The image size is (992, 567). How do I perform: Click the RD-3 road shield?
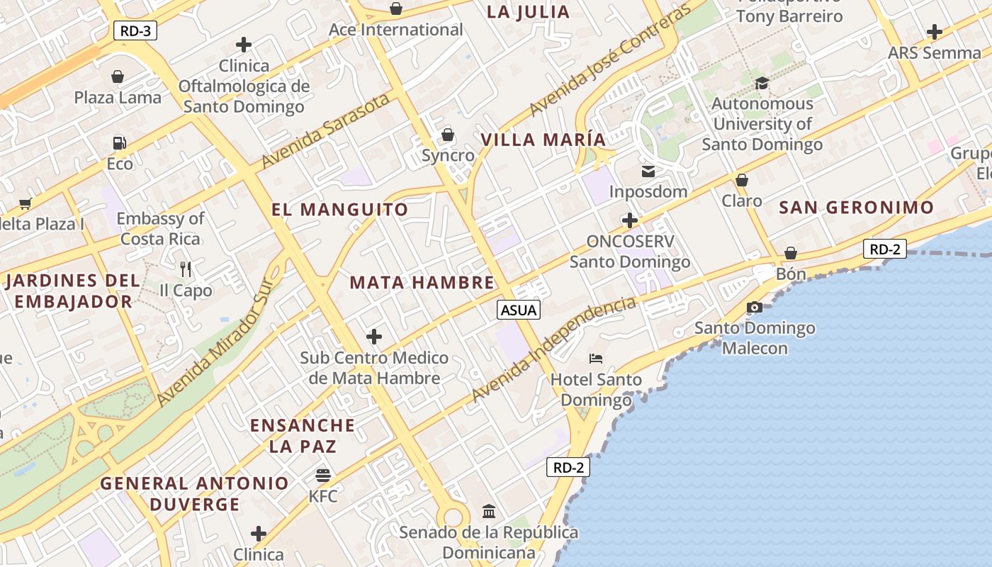(x=135, y=30)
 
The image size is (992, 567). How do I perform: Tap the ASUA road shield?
(x=519, y=310)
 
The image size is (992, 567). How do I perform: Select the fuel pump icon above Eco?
(x=119, y=143)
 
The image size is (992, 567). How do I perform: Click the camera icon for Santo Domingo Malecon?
(x=755, y=307)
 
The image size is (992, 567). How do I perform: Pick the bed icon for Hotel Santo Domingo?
(x=596, y=359)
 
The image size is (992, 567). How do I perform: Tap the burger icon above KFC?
(x=323, y=474)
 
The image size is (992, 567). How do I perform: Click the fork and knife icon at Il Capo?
(x=186, y=269)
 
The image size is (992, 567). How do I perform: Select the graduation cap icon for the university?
(x=762, y=83)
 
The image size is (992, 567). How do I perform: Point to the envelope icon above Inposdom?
(x=648, y=171)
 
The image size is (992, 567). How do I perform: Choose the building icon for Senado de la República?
(x=488, y=511)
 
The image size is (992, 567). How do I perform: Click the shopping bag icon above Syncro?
(x=448, y=134)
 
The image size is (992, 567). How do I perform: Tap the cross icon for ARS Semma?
(x=935, y=32)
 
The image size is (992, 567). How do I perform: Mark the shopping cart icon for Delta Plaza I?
(x=26, y=204)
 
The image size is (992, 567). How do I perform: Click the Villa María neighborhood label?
(x=543, y=140)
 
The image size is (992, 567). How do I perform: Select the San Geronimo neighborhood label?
(x=857, y=208)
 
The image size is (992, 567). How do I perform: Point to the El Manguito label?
(x=340, y=210)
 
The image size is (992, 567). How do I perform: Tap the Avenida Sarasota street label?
(x=325, y=131)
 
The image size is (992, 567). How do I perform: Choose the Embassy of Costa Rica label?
(x=161, y=228)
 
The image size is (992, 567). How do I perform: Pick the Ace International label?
(x=395, y=30)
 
